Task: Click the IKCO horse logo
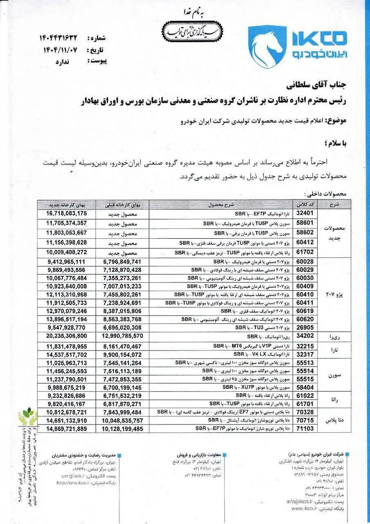pos(267,46)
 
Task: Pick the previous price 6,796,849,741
pos(122,261)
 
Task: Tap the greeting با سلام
pos(335,143)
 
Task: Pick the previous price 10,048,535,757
pos(122,420)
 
